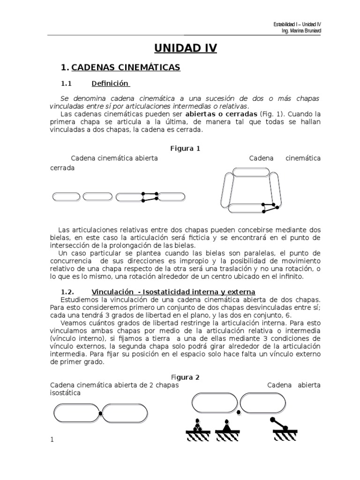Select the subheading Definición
(110, 83)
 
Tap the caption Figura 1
(185, 149)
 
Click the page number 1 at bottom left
(52, 439)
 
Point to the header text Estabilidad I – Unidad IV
(297, 24)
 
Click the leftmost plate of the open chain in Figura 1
(66, 196)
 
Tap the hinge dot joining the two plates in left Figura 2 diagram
(100, 413)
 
